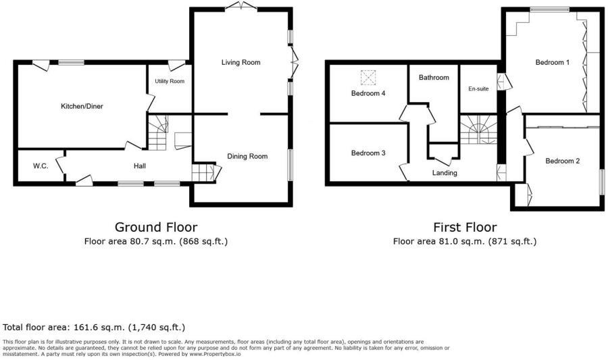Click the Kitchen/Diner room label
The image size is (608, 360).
pyautogui.click(x=82, y=106)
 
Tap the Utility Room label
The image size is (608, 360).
pyautogui.click(x=170, y=82)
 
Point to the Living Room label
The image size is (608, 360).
pyautogui.click(x=240, y=63)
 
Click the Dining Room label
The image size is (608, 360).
pyautogui.click(x=247, y=156)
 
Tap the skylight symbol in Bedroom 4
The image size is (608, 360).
pyautogui.click(x=368, y=76)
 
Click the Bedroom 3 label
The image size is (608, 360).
pyautogui.click(x=368, y=153)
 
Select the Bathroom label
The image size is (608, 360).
pyautogui.click(x=434, y=78)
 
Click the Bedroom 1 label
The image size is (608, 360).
pyautogui.click(x=553, y=63)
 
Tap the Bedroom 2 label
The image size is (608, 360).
pyautogui.click(x=563, y=161)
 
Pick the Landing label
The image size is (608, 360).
pyautogui.click(x=445, y=173)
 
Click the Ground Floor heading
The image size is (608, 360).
pyautogui.click(x=156, y=227)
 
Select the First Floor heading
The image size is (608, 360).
pyautogui.click(x=465, y=227)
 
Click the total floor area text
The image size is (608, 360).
pyautogui.click(x=94, y=327)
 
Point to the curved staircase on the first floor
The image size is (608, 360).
pyautogui.click(x=479, y=129)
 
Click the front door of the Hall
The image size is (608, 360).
pyautogui.click(x=84, y=179)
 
